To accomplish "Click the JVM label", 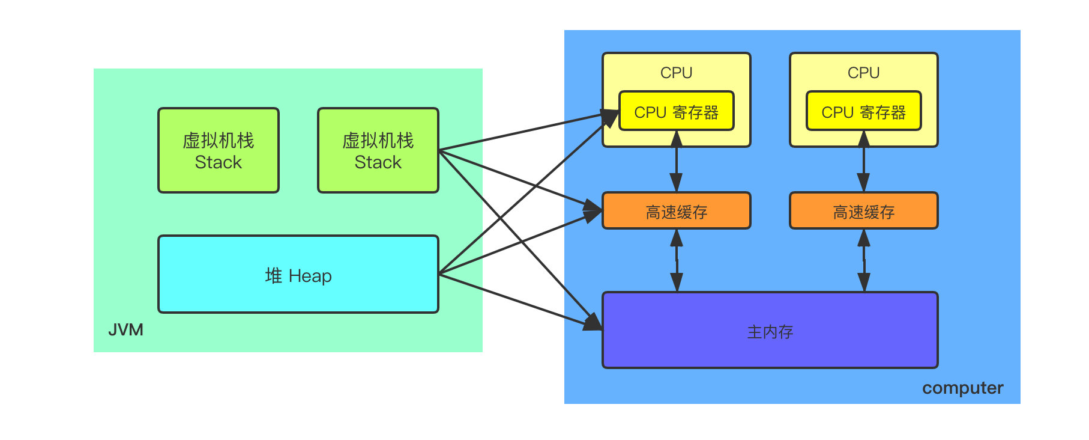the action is (x=125, y=329).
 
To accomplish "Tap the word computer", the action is (x=962, y=388).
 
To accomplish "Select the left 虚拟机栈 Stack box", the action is (x=219, y=150).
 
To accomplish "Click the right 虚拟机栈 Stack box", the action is (x=378, y=150).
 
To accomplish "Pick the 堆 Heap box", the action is (x=298, y=274).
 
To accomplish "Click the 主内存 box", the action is (x=770, y=330).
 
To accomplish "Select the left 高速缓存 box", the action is (x=677, y=210).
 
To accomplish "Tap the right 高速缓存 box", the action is (x=864, y=210).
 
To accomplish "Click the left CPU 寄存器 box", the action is (x=677, y=111).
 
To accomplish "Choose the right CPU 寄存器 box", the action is (x=864, y=111).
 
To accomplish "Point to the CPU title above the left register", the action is (x=677, y=73).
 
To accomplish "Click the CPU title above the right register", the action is (x=864, y=73).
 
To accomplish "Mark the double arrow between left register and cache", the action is (x=677, y=161).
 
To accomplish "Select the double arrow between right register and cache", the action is (x=864, y=161).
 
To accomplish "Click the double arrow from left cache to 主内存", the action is (x=677, y=261).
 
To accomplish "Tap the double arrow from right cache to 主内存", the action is (x=864, y=261).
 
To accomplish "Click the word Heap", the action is (x=310, y=276).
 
